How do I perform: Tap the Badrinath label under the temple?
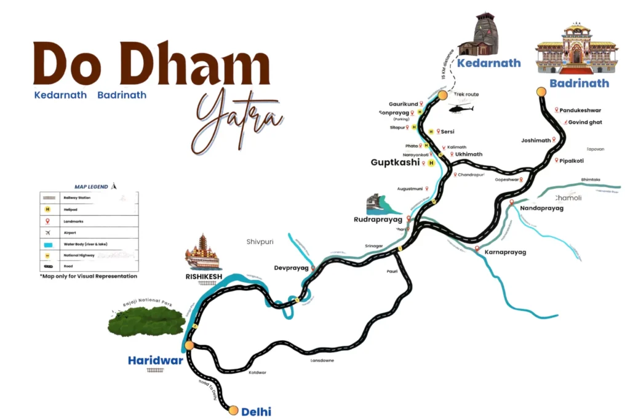click(579, 83)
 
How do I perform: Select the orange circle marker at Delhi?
click(233, 410)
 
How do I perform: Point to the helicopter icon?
click(461, 109)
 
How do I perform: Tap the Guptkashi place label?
click(395, 163)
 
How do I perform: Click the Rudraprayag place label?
click(378, 220)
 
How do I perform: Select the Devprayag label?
click(290, 268)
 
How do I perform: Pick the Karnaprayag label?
click(505, 252)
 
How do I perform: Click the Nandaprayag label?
click(541, 208)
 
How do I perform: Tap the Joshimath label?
click(535, 140)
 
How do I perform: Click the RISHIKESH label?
click(202, 276)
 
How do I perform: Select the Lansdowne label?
click(322, 360)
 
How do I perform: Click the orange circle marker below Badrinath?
click(541, 92)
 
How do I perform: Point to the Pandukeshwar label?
click(580, 111)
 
